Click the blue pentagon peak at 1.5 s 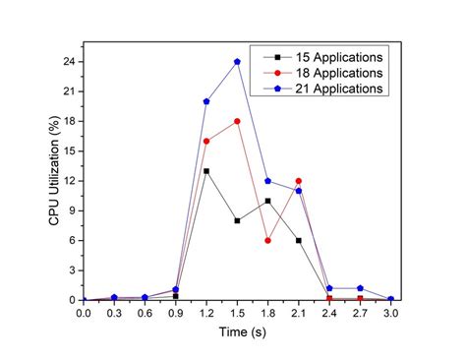[x=237, y=61]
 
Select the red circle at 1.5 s [x=237, y=121]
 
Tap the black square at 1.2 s [x=206, y=170]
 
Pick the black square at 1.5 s [x=237, y=220]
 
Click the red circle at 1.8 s [x=267, y=240]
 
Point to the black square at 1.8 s [x=267, y=201]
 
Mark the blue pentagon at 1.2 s [x=206, y=101]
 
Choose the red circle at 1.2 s [x=206, y=141]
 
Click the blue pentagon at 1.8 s [x=267, y=181]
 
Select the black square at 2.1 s [x=298, y=240]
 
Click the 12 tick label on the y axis [x=70, y=181]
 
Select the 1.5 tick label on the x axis [x=237, y=314]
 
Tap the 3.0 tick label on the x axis [x=390, y=314]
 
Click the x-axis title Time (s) [x=237, y=334]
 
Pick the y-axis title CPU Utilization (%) [x=55, y=177]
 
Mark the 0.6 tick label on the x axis [x=145, y=314]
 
